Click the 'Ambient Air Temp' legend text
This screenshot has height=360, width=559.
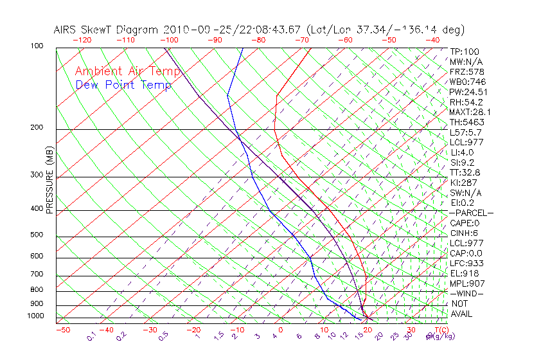tap(127, 71)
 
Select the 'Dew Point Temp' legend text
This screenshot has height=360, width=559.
tap(123, 85)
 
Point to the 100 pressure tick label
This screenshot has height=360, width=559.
tap(37, 46)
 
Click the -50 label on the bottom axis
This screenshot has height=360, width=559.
tap(62, 330)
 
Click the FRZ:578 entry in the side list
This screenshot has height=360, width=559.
tap(465, 71)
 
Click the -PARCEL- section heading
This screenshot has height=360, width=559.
tap(471, 213)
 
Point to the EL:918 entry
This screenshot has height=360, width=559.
tap(463, 273)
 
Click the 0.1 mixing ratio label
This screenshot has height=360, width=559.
tap(91, 337)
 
